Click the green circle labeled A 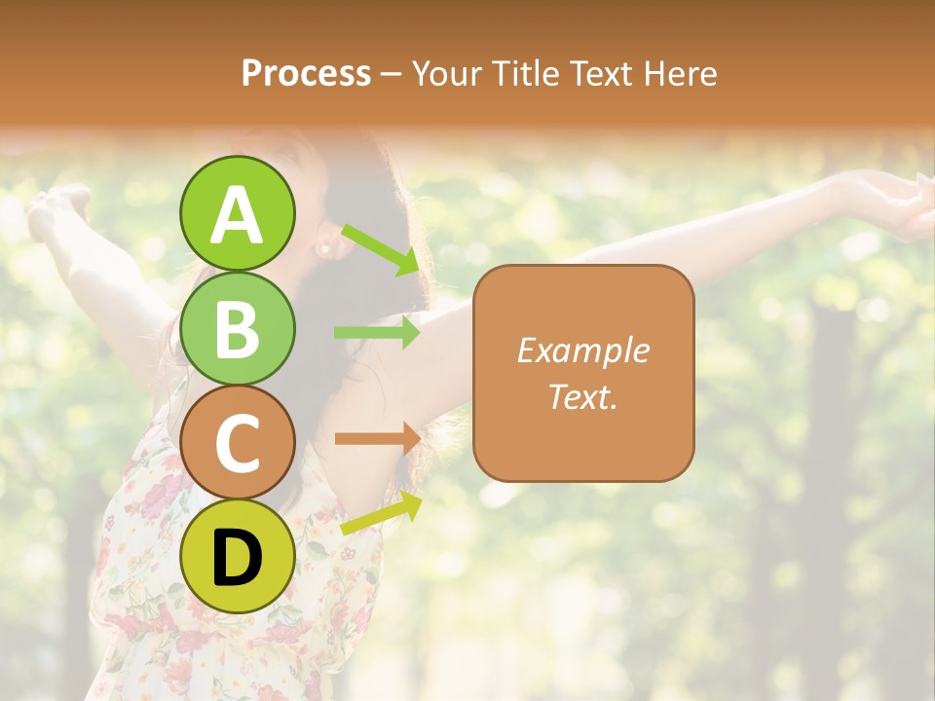pos(238,214)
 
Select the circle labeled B pos(238,328)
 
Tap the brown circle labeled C pos(238,442)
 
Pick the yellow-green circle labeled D pos(238,556)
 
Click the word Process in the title pos(306,73)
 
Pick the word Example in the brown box pos(582,350)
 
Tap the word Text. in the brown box pos(582,396)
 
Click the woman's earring pos(322,249)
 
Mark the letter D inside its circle pos(238,558)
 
